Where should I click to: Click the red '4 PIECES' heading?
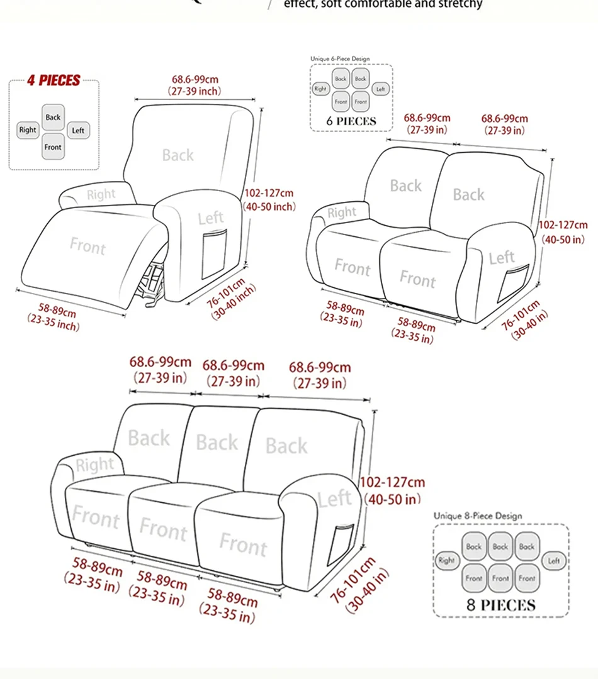pos(54,80)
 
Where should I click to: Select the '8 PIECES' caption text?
pos(500,605)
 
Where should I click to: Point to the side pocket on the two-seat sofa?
pos(513,283)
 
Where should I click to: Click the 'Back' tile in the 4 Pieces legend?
pos(54,117)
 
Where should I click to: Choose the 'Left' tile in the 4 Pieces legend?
pos(78,130)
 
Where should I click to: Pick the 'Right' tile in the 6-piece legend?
pos(321,89)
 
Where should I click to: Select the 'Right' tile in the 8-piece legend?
pos(446,560)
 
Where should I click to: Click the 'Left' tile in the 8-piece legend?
pos(554,560)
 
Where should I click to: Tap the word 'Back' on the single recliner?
pos(178,155)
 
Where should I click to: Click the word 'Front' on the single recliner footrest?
pos(87,246)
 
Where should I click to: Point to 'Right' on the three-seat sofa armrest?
pos(95,465)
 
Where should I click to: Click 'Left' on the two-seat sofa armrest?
pos(502,257)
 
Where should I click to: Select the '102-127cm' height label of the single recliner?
pos(269,194)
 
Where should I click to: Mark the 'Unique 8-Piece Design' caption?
pos(478,516)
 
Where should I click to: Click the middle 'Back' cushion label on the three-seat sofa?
pos(217,443)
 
